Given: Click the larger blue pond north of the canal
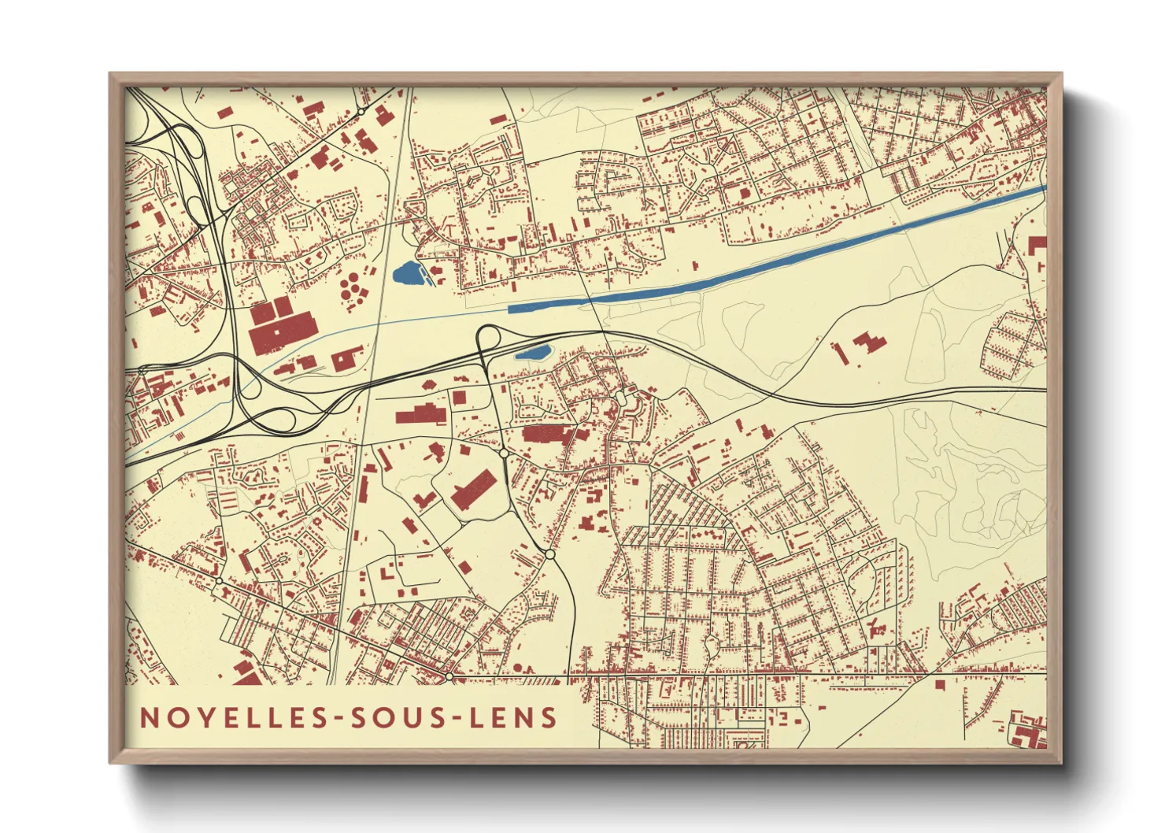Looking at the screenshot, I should (408, 274).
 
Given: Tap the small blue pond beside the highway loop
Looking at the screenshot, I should (533, 353).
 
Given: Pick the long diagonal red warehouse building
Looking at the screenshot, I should (473, 490).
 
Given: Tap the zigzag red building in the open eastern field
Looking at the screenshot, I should (868, 343).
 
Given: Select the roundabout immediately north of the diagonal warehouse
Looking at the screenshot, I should (504, 454).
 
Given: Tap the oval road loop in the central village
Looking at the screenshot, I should (621, 399).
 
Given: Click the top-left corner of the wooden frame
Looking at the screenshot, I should (112, 76).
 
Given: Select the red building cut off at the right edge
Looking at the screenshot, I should (1038, 246).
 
